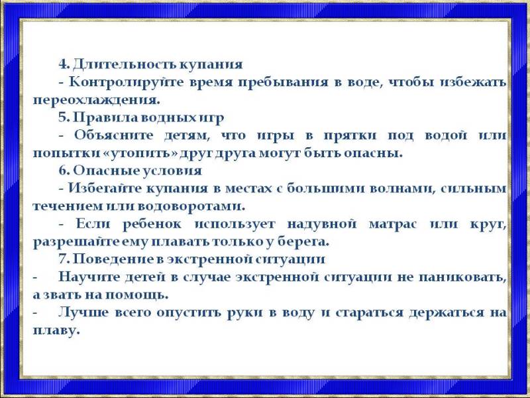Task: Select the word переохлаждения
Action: tap(96, 101)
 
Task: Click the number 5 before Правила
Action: tap(63, 117)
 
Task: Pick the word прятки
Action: tap(350, 136)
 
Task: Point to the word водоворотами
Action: tap(191, 206)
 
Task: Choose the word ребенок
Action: tap(152, 224)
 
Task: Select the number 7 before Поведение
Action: tap(63, 259)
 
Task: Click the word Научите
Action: tap(89, 277)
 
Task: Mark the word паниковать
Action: tap(462, 277)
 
